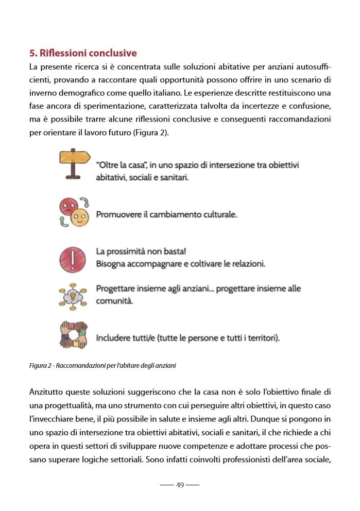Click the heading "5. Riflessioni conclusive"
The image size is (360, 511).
pos(83,53)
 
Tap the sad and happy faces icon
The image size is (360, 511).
pos(74,212)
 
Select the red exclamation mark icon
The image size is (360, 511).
pos(74,259)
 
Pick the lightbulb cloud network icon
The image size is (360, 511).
pos(74,295)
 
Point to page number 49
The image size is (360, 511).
pos(180,485)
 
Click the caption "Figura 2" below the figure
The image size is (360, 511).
pos(41,366)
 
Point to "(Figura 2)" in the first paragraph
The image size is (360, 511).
pos(158,133)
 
